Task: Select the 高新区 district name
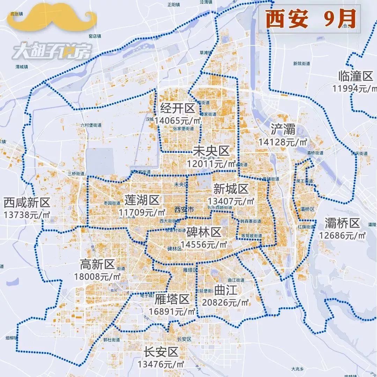[x=97, y=265]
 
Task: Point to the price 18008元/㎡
[x=97, y=276]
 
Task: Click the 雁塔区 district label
[x=172, y=299]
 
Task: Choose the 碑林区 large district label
[x=204, y=232]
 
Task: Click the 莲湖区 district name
[x=142, y=200]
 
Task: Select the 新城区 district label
[x=231, y=189]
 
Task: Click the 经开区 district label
[x=178, y=109]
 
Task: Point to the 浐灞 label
[x=283, y=130]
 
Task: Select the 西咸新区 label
[x=27, y=202]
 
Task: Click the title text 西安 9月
[x=310, y=19]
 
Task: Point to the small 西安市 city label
[x=184, y=210]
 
